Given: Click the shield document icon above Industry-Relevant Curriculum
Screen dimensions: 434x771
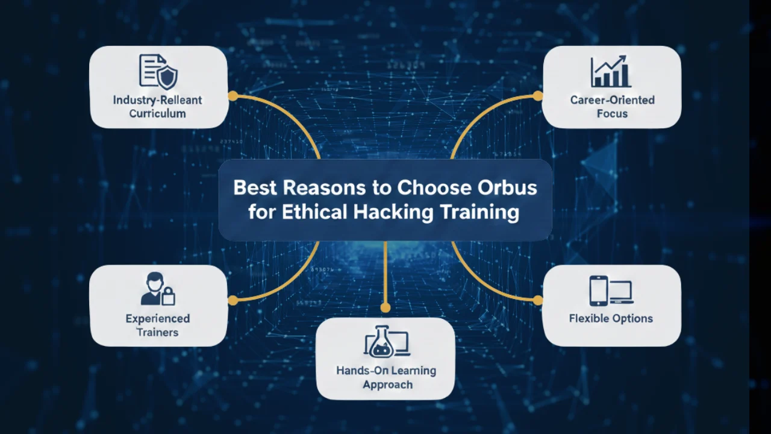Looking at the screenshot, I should tap(158, 71).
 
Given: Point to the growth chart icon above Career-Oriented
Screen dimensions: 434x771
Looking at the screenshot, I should tap(611, 71).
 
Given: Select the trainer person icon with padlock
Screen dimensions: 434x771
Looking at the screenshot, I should tap(158, 289).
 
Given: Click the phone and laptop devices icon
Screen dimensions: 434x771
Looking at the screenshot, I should tap(611, 291).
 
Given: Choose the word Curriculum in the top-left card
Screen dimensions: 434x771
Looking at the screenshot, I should tap(158, 113).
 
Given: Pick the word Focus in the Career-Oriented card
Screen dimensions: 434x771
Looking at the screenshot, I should tap(612, 113).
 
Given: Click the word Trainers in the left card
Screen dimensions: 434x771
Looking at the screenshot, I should tap(158, 332).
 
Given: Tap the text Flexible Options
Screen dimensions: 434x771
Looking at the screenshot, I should tap(611, 318).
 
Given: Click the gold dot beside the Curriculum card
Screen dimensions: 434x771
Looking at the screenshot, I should tap(233, 95).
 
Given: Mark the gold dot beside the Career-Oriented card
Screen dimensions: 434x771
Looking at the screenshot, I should tap(538, 95).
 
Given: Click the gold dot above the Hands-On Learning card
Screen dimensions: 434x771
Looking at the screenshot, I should tap(385, 307).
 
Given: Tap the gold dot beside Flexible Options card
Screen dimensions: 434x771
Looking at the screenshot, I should tap(538, 300).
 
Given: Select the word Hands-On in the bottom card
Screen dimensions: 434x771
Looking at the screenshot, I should tap(360, 371).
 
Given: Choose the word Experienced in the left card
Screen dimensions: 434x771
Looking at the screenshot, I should tap(158, 318).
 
